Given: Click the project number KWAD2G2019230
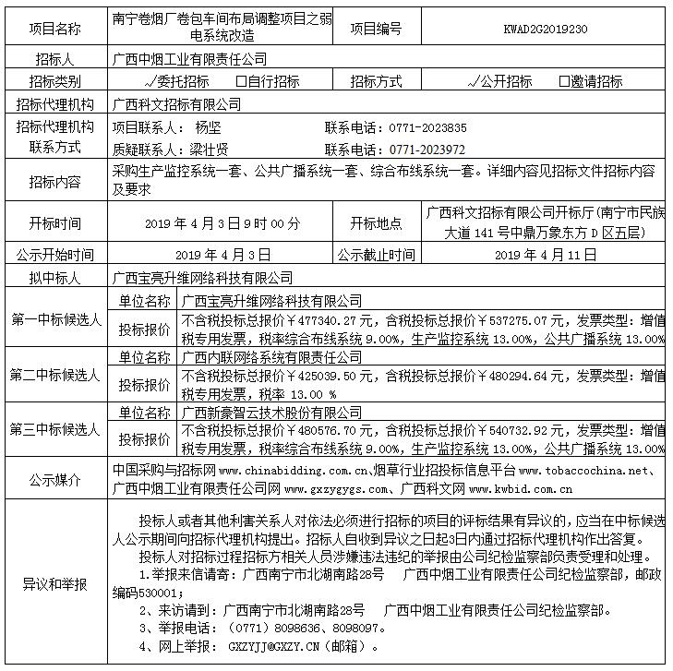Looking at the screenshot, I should (547, 29).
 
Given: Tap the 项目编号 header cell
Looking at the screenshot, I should (376, 29).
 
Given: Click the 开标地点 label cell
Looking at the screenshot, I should (376, 223).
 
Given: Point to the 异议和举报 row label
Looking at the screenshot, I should (55, 584).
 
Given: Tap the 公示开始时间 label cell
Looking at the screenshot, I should (55, 255).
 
